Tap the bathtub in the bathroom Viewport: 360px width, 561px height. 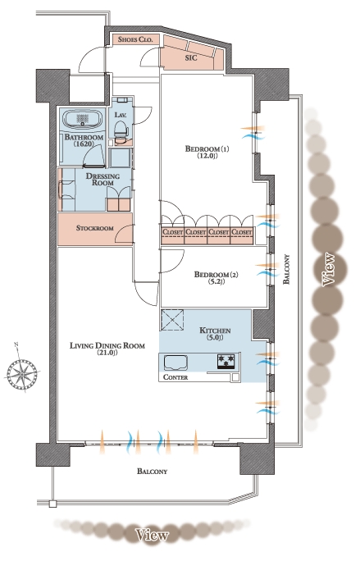pos(83,119)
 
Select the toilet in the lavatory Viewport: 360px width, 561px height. pos(121,130)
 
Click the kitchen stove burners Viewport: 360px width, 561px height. pos(226,362)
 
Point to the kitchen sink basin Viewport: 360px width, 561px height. pos(175,363)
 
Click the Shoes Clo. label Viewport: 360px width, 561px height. pos(135,39)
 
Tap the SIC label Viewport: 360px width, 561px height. pos(191,57)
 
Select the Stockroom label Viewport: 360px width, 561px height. pos(95,228)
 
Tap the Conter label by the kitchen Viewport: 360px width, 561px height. pos(175,377)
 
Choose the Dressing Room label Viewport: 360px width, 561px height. pos(103,180)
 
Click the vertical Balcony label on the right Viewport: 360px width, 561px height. pos(286,269)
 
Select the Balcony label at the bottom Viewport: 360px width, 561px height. pos(152,472)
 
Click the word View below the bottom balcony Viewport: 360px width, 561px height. pos(152,535)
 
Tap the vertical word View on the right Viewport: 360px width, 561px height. pos(329,270)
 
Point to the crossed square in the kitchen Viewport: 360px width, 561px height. pos(172,320)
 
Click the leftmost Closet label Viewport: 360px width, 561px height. pos(173,232)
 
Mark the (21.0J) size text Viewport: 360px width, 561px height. pos(107,353)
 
